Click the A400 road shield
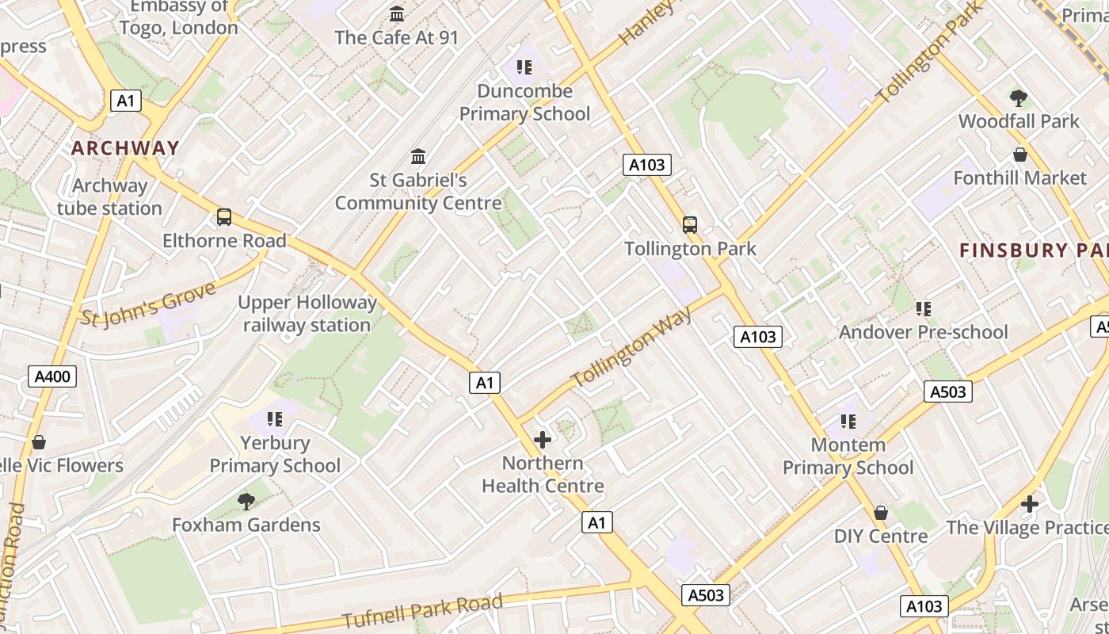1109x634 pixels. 53,376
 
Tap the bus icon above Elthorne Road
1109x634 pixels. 224,217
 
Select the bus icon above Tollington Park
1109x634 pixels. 690,225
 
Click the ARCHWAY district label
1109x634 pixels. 125,148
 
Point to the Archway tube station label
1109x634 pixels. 109,197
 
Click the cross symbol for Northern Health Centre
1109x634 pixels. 543,440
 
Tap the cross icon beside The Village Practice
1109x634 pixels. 1029,504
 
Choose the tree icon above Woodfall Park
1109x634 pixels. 1019,98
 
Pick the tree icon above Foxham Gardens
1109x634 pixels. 246,501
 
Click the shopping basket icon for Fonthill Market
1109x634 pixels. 1019,155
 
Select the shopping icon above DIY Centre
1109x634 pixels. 880,513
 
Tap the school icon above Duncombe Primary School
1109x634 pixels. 524,67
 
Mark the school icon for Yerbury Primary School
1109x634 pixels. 275,418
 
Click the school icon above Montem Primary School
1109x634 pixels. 848,421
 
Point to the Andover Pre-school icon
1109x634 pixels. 923,308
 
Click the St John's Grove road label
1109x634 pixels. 149,304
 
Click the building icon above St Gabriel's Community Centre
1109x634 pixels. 418,156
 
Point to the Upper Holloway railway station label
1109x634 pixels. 307,314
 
